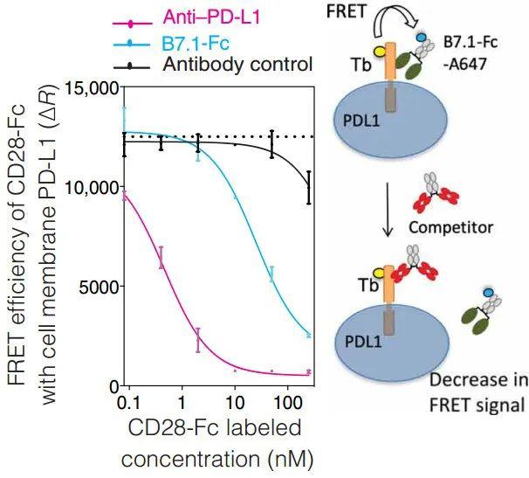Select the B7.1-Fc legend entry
point(171,43)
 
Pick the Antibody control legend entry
point(213,65)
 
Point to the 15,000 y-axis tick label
point(92,89)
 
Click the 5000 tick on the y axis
point(98,286)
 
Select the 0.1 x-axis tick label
point(130,404)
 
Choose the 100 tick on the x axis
point(287,404)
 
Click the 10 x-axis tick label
point(235,404)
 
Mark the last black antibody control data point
point(309,187)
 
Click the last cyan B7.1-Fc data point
point(309,335)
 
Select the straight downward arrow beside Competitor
point(388,210)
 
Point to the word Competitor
point(450,227)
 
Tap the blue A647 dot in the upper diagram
point(421,37)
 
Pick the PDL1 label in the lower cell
point(363,343)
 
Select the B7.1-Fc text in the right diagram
point(471,43)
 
